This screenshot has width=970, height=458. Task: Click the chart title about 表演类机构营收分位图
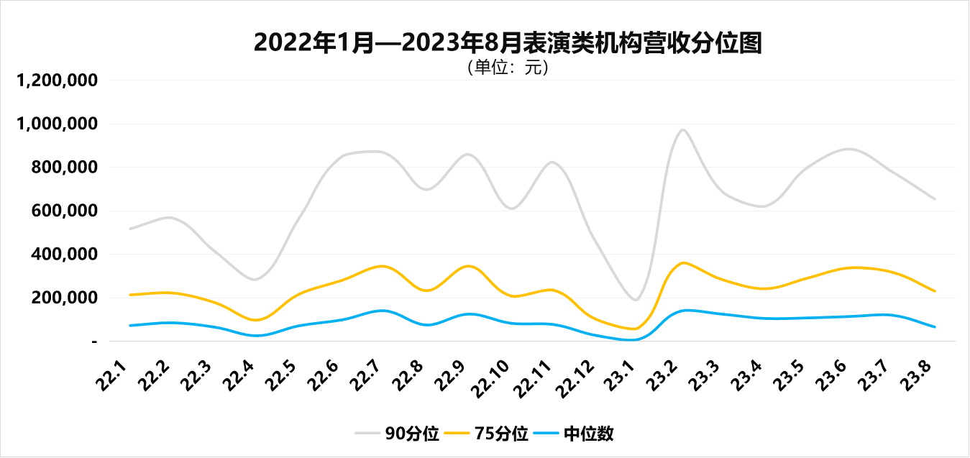point(508,43)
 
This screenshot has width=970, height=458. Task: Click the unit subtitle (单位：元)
point(508,68)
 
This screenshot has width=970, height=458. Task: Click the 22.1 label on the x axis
point(114,376)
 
